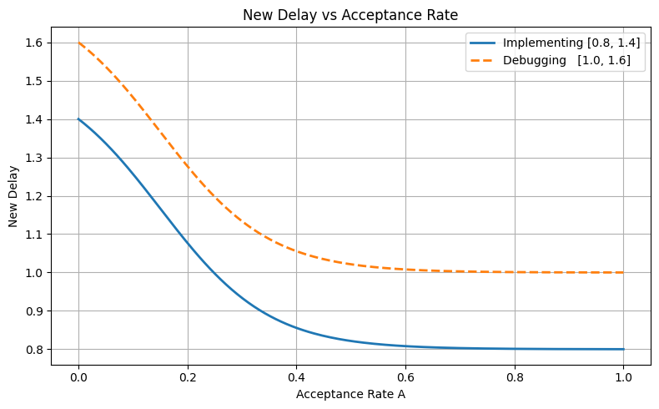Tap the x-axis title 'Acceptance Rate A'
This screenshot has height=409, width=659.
tap(350, 393)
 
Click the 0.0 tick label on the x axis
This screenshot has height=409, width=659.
tap(78, 377)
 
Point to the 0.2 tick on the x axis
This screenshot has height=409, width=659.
tap(188, 377)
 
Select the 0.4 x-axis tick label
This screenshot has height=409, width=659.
tap(297, 377)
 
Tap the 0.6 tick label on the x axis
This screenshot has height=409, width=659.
tap(405, 377)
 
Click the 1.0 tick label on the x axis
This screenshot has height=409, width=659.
tap(624, 377)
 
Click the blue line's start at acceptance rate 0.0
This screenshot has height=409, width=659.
tap(78, 119)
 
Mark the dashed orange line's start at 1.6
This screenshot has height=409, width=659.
tap(78, 43)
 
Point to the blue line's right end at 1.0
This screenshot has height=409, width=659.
tap(624, 349)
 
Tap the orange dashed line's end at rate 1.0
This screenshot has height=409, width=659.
tap(624, 272)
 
